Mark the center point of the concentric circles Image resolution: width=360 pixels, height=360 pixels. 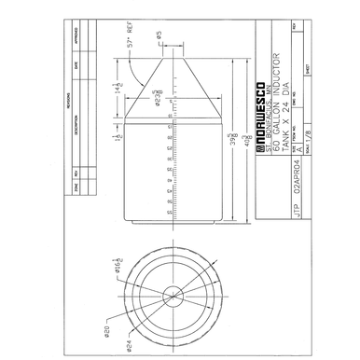point(173,297)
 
